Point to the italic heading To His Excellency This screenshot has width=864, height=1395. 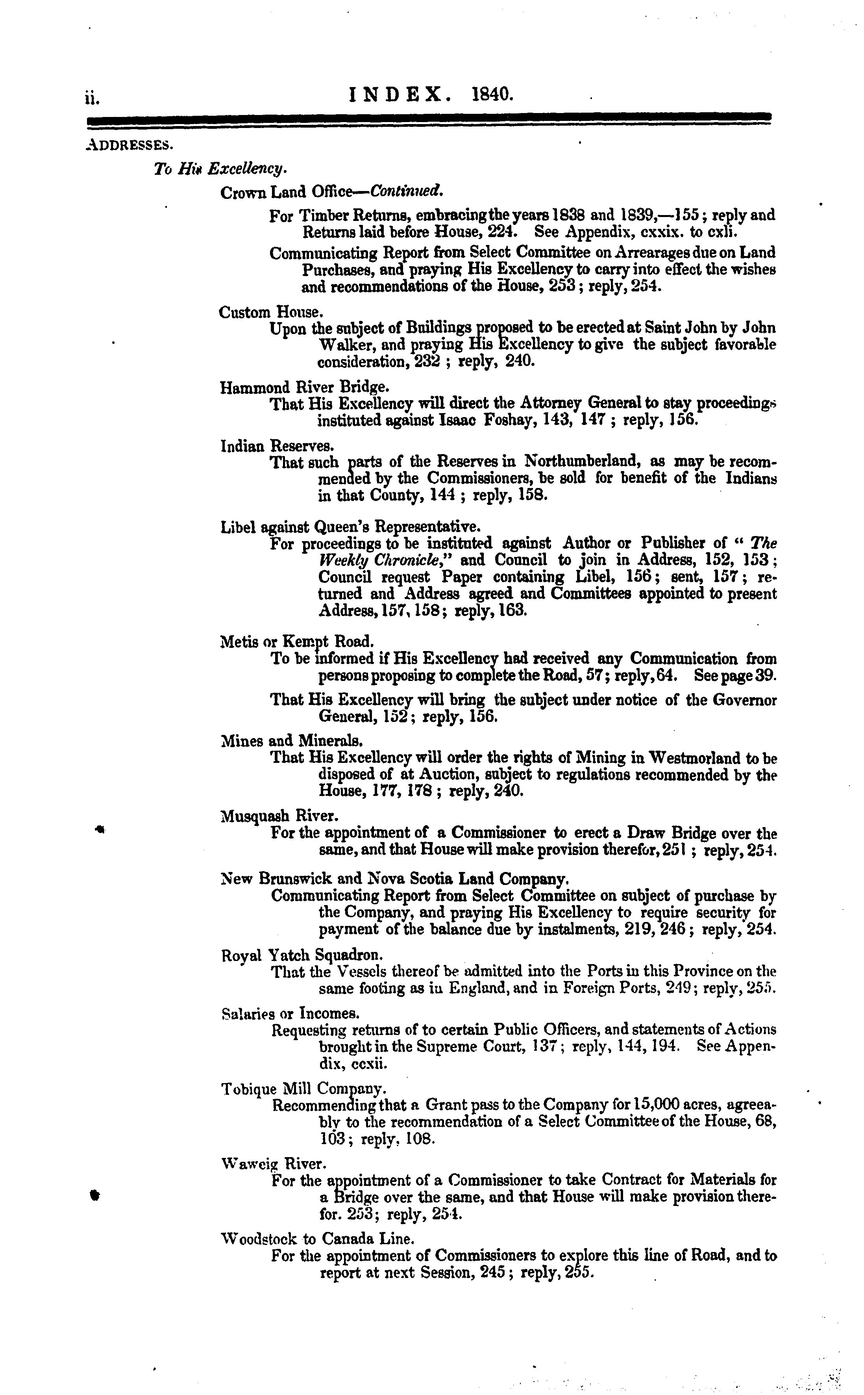[x=220, y=169]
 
